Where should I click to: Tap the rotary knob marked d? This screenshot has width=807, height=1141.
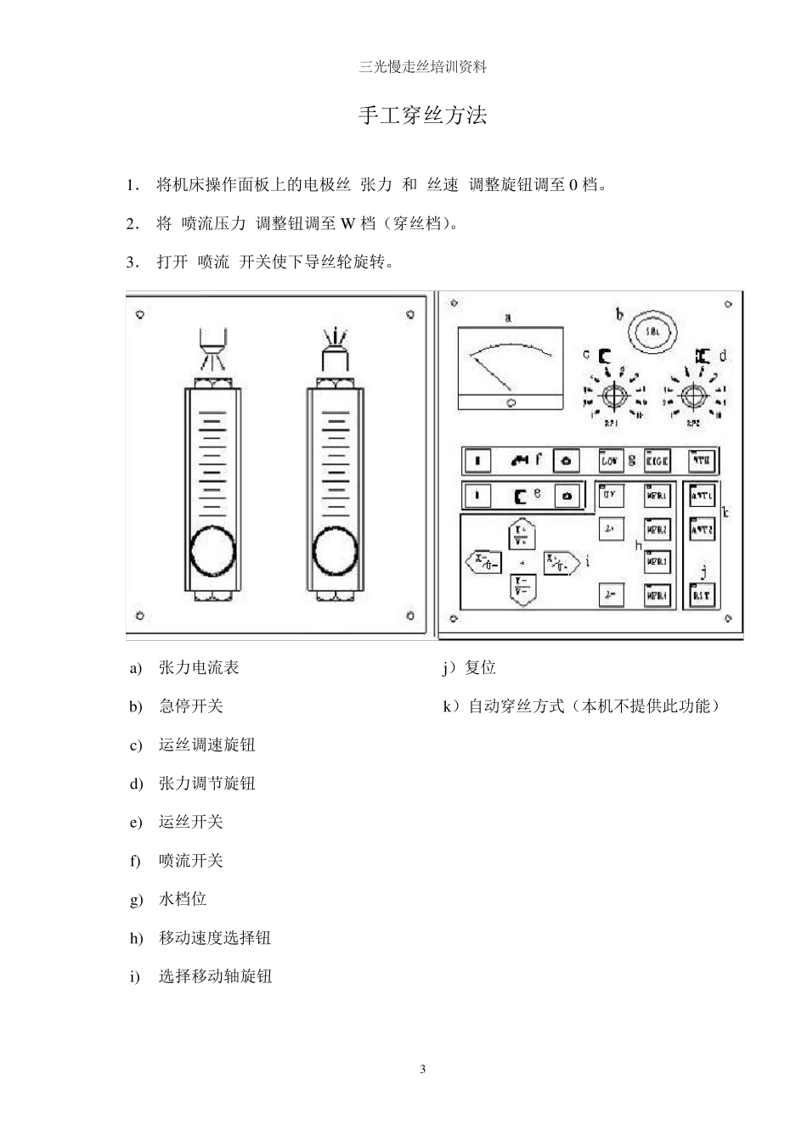tap(694, 396)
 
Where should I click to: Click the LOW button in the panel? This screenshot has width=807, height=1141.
tap(609, 461)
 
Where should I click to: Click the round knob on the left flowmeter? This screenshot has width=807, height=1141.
tap(212, 551)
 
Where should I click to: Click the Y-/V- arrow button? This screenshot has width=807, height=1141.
tap(522, 588)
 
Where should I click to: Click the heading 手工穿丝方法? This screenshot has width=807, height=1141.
tap(422, 115)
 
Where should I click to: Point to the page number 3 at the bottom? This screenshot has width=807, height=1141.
tap(422, 1069)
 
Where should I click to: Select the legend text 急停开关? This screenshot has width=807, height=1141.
tap(191, 706)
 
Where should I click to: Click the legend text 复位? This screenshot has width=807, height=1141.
tap(480, 668)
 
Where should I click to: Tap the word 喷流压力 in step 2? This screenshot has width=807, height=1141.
tap(212, 224)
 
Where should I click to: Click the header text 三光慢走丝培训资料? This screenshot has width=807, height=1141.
tap(422, 67)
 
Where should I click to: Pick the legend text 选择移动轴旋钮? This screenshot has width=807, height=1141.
tap(215, 976)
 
